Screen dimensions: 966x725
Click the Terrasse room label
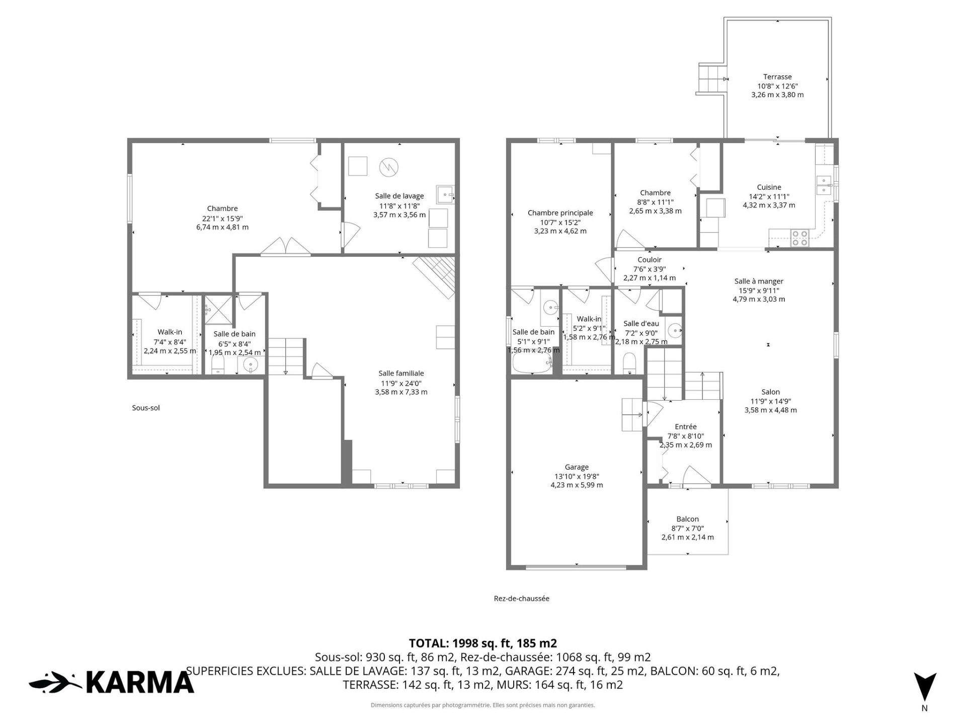tap(777, 77)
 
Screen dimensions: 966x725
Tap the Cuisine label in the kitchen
tap(769, 187)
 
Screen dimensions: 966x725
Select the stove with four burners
tap(799, 238)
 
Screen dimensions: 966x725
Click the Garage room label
tap(577, 467)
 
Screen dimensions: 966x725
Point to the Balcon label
tap(687, 519)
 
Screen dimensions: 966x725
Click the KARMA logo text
tap(140, 682)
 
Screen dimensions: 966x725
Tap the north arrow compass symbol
tap(925, 686)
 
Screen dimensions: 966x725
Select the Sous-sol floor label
tap(146, 408)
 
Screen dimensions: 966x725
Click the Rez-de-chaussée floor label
tap(522, 599)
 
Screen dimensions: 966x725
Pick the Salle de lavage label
tap(399, 196)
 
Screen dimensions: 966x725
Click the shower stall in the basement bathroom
tap(218, 309)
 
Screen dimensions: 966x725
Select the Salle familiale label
tap(401, 373)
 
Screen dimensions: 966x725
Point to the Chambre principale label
tap(560, 213)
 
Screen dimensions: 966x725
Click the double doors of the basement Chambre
tap(285, 246)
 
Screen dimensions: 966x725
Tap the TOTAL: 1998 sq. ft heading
tap(483, 643)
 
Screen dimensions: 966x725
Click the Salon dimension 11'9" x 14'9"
tap(770, 401)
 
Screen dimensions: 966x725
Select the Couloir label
tap(649, 260)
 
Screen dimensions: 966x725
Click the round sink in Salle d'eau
tap(674, 330)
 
